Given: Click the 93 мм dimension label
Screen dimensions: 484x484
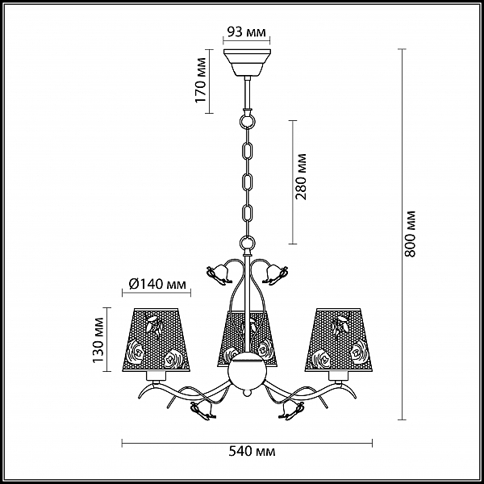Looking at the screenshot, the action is [246, 31].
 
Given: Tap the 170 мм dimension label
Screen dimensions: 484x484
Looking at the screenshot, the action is [201, 80].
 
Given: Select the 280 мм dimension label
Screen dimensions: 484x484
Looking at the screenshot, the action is [301, 177].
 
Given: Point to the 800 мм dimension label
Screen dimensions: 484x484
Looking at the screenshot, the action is [411, 234].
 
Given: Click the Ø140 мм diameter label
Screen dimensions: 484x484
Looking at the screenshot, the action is [157, 284].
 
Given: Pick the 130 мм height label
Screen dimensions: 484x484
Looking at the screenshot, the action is [98, 340].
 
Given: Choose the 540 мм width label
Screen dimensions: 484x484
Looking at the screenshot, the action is [252, 452].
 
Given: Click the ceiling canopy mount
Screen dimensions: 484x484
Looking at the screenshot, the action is [247, 63].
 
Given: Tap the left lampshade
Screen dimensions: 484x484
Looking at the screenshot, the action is [156, 340].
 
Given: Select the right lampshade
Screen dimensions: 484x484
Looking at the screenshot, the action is [339, 340].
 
